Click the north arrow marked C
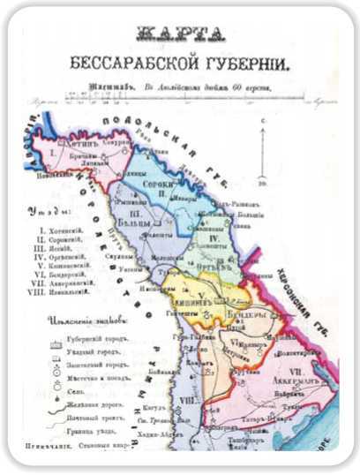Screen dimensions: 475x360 point(263,150)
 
